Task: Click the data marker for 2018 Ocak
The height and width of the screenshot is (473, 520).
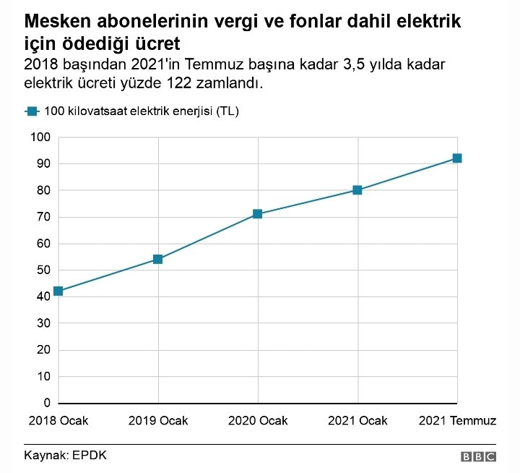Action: coord(58,291)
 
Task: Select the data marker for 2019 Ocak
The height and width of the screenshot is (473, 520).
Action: coord(158,259)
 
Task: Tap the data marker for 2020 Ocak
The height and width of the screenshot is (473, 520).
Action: coord(258,214)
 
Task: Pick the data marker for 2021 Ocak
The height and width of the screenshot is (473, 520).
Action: coord(357,190)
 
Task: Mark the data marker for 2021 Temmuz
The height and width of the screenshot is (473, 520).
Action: coord(457,158)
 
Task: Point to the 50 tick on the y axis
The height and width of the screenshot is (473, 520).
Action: coord(43,270)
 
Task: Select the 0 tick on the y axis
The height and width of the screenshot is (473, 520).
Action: coord(46,403)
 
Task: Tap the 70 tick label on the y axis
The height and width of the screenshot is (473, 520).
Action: coord(43,217)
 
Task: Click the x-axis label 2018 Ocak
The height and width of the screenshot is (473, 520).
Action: coord(58,420)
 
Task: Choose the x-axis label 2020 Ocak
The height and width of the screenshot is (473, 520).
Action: coord(258,420)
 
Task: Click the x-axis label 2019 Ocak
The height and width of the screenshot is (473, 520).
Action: coord(158,420)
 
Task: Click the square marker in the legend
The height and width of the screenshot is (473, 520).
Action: coord(31,111)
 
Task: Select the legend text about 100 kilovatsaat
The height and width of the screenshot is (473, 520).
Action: coord(142,111)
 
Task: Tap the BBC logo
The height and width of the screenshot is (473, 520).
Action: coord(478,456)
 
